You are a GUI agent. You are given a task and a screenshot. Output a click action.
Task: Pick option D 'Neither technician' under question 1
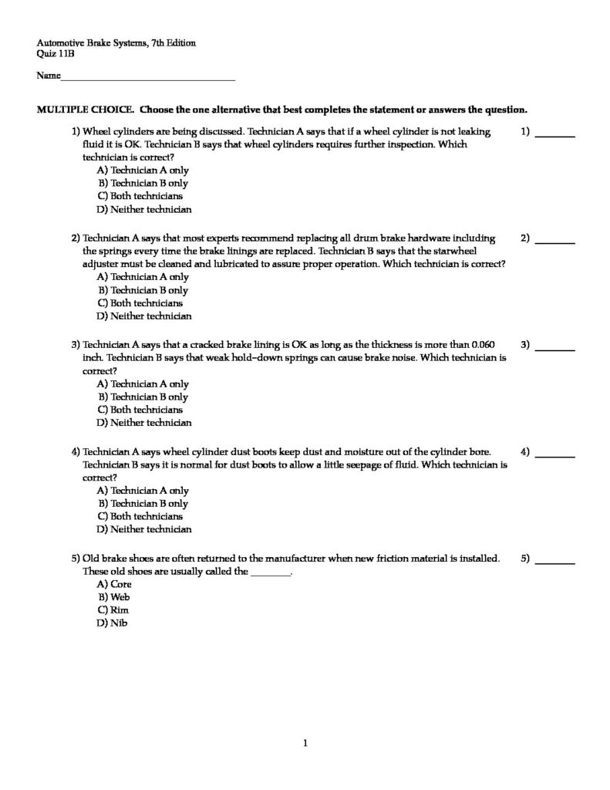tap(143, 209)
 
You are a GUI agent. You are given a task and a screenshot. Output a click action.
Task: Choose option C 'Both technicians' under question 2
tap(140, 303)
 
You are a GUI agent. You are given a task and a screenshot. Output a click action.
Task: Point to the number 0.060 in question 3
tap(482, 345)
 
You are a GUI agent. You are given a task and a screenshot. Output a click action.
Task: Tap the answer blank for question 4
tap(554, 456)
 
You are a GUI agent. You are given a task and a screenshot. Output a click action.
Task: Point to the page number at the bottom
tap(305, 744)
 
